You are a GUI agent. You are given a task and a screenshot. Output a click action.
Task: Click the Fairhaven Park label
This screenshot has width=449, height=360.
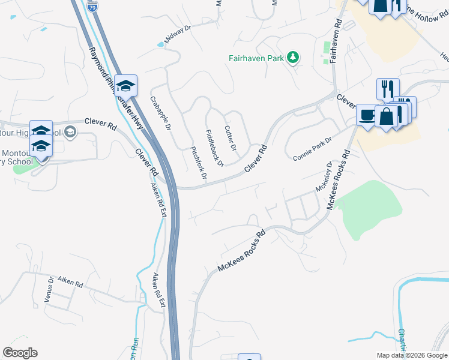click(x=256, y=58)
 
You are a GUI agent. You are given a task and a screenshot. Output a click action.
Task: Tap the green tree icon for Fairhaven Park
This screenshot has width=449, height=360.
click(x=293, y=58)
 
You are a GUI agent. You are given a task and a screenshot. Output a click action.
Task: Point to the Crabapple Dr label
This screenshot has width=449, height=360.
click(x=161, y=114)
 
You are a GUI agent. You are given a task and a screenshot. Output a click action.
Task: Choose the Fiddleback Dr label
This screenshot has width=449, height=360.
click(x=214, y=148)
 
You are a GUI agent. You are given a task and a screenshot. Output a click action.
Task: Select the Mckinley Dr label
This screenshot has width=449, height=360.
click(x=324, y=177)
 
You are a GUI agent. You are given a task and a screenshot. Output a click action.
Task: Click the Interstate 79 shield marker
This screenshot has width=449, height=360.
click(x=91, y=8)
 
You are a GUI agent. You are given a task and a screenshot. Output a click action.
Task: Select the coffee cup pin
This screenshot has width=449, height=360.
click(x=366, y=114)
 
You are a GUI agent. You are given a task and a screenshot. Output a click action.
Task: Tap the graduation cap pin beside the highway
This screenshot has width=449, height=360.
click(x=126, y=86)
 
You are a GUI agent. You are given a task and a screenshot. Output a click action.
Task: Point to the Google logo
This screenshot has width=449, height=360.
click(x=20, y=353)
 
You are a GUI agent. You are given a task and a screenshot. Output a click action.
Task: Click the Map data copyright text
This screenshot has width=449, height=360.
click(x=412, y=355)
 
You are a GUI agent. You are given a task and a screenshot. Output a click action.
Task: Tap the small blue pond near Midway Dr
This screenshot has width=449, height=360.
click(x=160, y=44)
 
